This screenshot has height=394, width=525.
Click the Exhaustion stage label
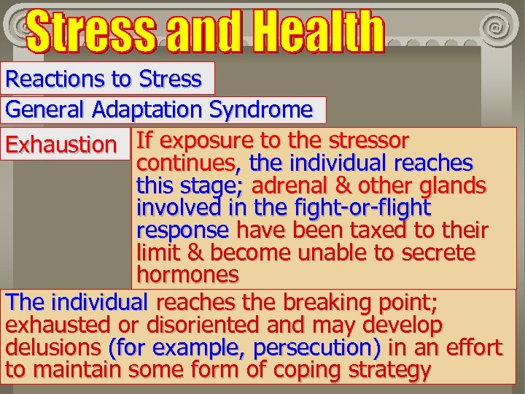click(x=61, y=144)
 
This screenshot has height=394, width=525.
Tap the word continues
click(x=189, y=163)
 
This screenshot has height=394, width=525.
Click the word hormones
click(x=188, y=275)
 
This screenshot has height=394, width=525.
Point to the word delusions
click(x=52, y=347)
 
